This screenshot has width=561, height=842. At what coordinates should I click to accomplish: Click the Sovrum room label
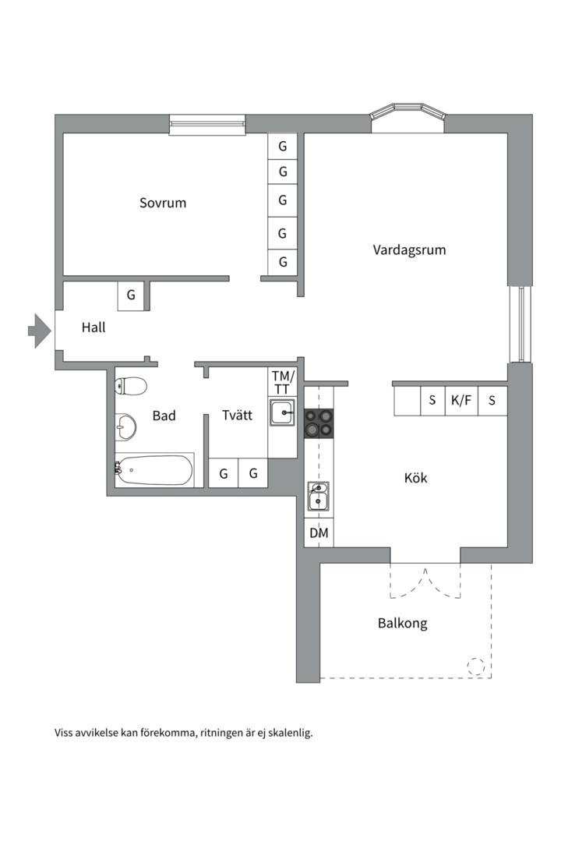click(x=163, y=203)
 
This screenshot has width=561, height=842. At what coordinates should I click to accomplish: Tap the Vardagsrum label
click(x=409, y=250)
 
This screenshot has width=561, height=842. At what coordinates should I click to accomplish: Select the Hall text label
click(x=93, y=328)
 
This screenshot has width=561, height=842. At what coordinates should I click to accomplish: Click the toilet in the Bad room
click(x=132, y=386)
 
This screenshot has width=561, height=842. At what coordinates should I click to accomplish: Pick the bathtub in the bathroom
click(x=154, y=469)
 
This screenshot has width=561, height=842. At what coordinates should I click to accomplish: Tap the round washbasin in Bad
click(x=125, y=426)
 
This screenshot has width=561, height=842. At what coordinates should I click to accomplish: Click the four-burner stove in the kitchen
click(x=319, y=424)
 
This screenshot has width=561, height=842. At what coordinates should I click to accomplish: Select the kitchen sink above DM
click(x=318, y=497)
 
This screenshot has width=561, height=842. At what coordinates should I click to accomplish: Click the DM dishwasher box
click(x=319, y=533)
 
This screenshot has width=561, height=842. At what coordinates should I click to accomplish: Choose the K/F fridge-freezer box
click(x=461, y=401)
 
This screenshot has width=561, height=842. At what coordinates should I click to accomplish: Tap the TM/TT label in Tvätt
click(x=281, y=382)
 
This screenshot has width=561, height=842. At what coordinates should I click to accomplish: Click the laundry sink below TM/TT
click(x=282, y=412)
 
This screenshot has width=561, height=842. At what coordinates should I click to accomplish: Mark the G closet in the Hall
click(x=131, y=295)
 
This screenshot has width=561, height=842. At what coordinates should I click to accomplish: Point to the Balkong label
click(x=403, y=624)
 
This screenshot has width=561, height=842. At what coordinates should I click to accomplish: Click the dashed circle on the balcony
click(x=475, y=667)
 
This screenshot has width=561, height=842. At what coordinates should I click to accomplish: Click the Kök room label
click(x=416, y=478)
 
